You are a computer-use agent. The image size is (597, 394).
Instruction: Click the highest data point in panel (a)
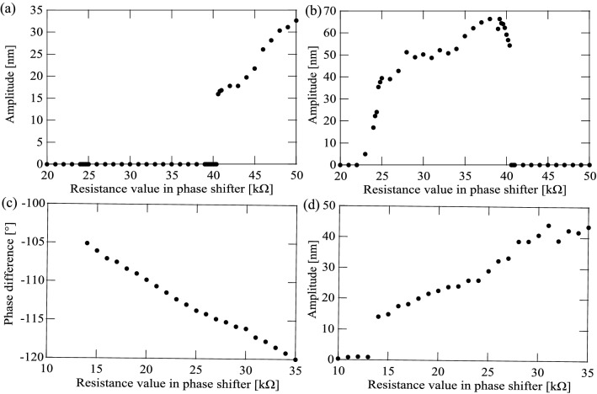click(x=296, y=21)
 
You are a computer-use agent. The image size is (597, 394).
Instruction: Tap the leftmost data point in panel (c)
click(x=87, y=243)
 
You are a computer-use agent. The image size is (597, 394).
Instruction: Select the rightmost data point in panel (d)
click(x=589, y=227)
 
